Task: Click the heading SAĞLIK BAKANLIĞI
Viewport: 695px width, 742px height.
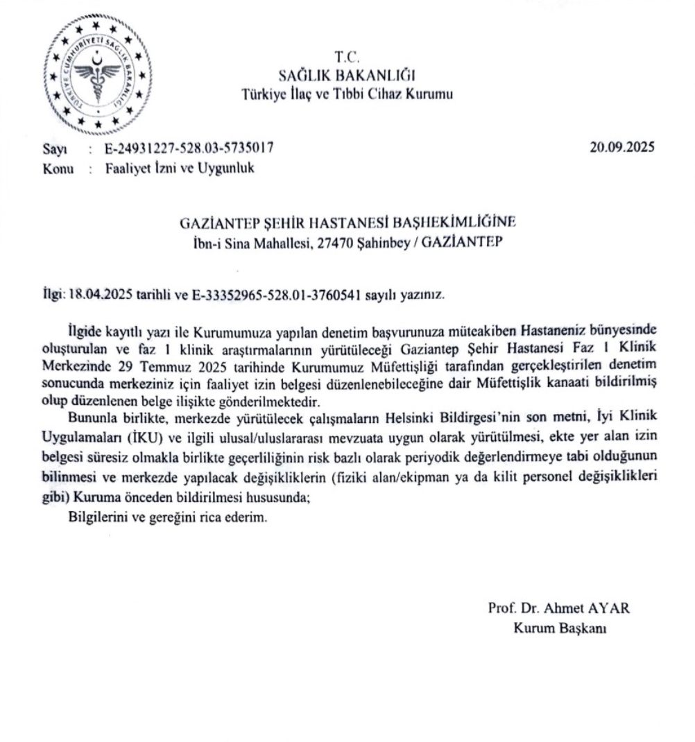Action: click(346, 75)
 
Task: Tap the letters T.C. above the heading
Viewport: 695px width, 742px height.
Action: click(345, 58)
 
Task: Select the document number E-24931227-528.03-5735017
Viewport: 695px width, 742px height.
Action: click(189, 147)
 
